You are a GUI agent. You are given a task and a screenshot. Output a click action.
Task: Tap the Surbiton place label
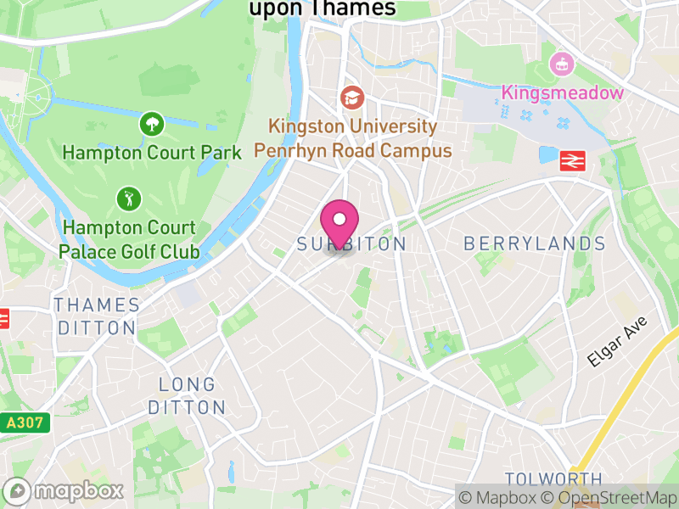352,244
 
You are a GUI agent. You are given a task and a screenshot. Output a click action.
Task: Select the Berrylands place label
535,244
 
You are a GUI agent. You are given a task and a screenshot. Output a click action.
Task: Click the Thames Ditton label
96,316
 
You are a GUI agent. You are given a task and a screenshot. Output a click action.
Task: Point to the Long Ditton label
187,397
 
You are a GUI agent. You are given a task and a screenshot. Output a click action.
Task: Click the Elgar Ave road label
617,341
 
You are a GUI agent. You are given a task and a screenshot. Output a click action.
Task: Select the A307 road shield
25,422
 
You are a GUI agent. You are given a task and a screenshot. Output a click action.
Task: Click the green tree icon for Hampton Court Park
152,125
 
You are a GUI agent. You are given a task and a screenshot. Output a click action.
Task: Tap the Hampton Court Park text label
146,154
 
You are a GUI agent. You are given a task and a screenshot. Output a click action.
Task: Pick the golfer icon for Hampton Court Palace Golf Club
129,199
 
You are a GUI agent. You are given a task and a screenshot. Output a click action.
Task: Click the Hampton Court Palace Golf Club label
129,240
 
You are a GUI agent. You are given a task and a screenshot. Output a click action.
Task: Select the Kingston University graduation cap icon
351,98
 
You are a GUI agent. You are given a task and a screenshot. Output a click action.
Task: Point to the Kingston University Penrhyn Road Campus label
353,139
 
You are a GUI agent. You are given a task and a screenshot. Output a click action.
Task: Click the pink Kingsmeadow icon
559,64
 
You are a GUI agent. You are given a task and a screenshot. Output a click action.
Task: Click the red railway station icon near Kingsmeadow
574,159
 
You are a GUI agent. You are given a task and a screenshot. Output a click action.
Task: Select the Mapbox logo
65,490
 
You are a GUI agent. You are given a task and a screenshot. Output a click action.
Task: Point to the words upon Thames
323,8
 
